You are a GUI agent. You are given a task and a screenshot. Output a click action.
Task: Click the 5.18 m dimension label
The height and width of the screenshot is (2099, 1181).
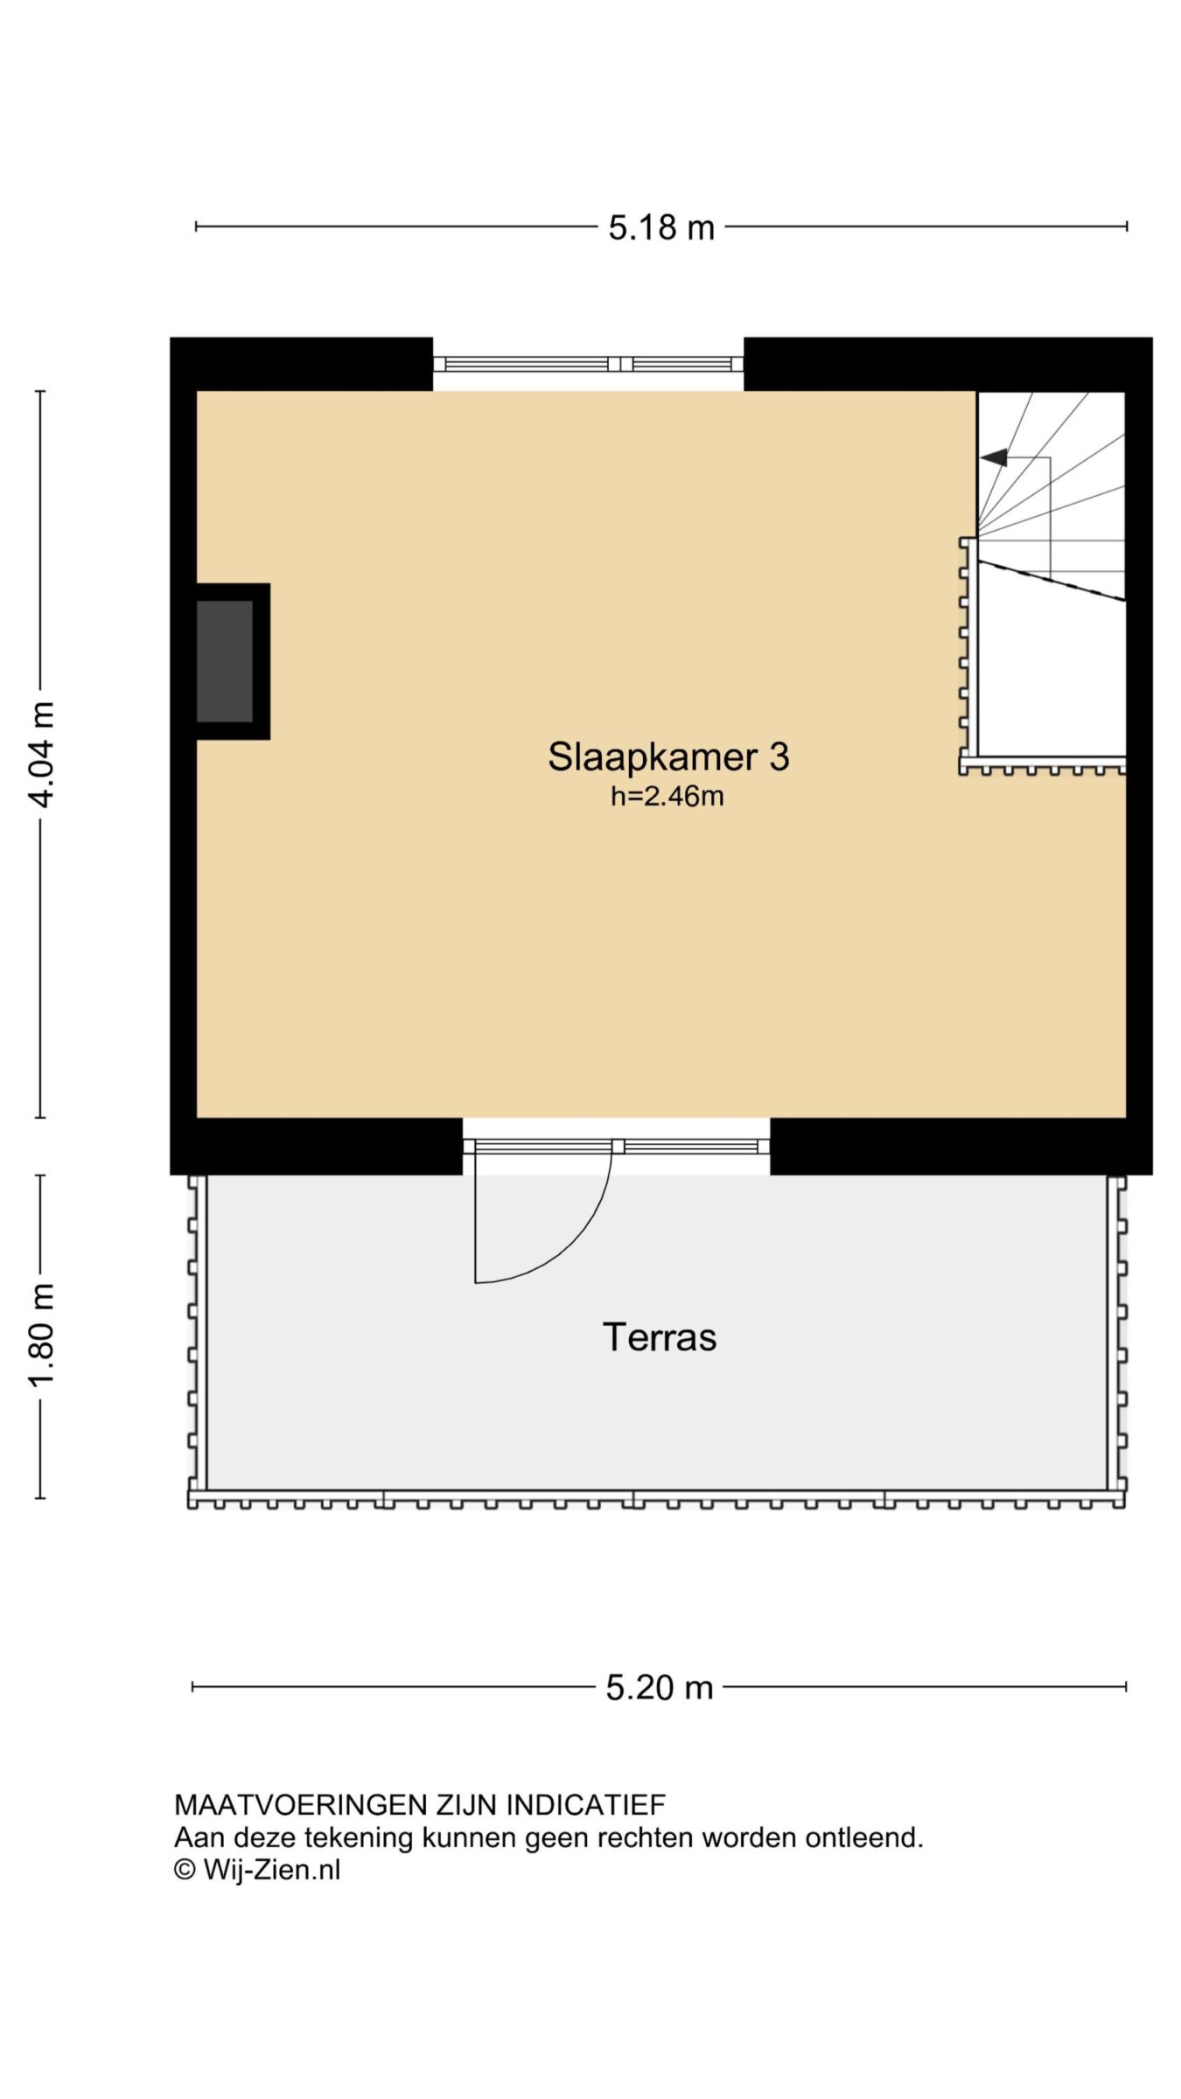661,227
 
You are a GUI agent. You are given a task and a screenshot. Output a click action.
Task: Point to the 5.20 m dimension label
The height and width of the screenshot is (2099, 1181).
660,1687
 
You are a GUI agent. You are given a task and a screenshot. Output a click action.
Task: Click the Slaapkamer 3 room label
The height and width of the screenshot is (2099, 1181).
668,757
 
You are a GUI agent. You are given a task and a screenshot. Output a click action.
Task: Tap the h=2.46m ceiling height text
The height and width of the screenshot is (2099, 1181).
667,797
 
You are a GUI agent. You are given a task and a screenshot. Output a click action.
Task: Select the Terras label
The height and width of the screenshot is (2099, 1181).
660,1336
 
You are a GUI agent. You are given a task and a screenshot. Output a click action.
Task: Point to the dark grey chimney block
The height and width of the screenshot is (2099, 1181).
225,661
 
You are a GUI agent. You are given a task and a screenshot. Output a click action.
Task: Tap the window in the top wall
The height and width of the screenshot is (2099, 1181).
588,364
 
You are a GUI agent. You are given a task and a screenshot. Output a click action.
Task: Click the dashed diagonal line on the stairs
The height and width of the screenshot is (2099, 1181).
1051,581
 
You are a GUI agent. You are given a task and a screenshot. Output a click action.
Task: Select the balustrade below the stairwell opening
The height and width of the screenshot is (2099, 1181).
1042,766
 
